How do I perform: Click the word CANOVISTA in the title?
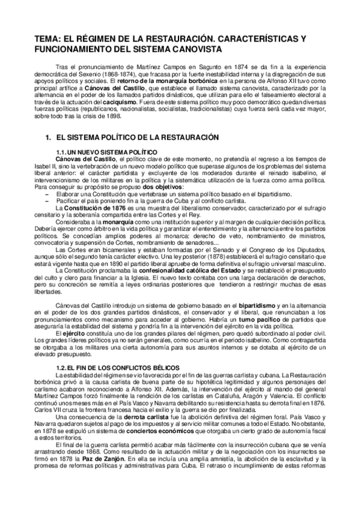(196, 49)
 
